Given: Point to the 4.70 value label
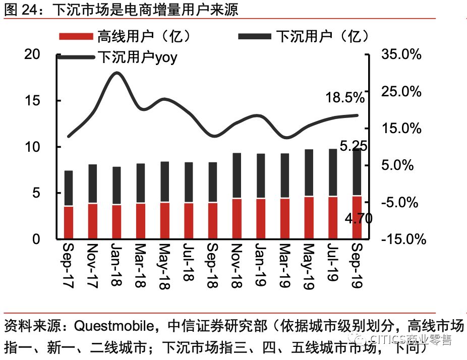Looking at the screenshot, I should pos(359,218).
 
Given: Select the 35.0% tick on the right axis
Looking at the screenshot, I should pos(401,54).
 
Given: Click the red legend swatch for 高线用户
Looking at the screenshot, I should pos(76,37).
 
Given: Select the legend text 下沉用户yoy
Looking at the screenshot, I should pos(137,57).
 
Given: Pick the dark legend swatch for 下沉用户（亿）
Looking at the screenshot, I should pos(255,37).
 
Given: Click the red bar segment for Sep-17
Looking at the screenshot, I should pos(69,222).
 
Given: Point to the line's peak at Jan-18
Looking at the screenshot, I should pos(116,73).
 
